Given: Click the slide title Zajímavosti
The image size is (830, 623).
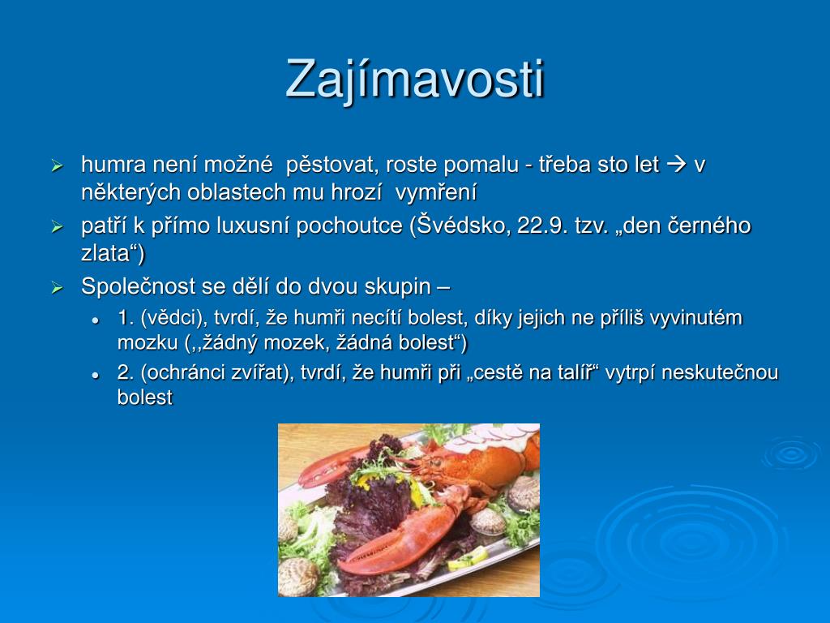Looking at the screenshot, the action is tap(415, 79).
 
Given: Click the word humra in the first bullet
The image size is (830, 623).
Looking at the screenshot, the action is tap(113, 165).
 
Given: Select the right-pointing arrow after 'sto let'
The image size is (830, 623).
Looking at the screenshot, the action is tap(676, 165).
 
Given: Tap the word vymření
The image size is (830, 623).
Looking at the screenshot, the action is tap(435, 192).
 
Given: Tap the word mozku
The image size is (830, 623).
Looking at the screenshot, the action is tap(148, 343).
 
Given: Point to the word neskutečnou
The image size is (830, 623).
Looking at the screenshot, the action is tap(720, 372).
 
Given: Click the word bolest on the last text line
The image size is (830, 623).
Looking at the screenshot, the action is tap(145, 397).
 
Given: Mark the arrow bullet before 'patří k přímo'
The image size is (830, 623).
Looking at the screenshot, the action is tap(58, 227).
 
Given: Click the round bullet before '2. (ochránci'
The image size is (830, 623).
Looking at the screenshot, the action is tap(96, 375).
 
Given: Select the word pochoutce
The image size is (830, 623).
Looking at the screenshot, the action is tap(349, 226).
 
